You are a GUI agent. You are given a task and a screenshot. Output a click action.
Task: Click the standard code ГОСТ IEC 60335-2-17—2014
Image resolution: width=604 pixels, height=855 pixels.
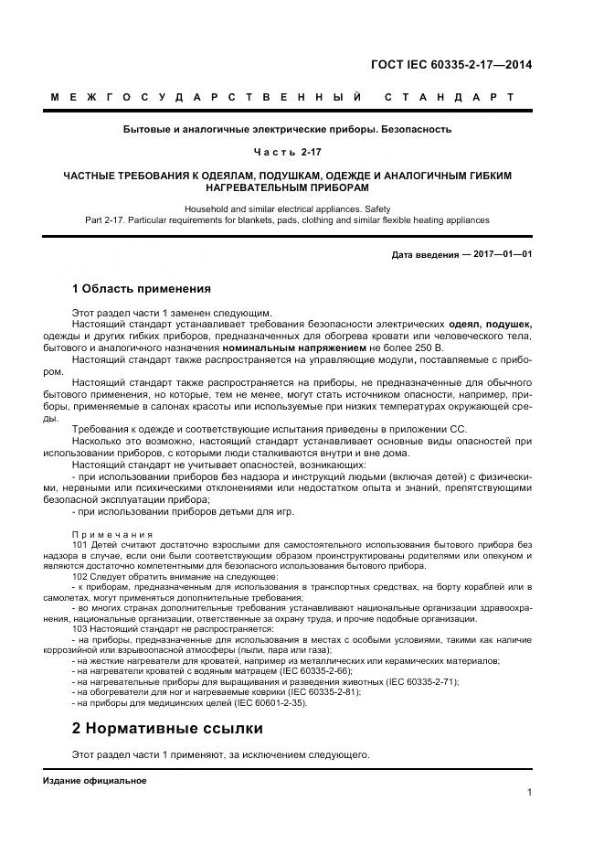tap(450, 64)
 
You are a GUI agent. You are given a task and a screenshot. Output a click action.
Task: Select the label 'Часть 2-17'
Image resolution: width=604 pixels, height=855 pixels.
tap(287, 151)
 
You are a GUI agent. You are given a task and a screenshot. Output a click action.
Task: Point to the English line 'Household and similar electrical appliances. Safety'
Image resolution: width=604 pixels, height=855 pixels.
tap(287, 208)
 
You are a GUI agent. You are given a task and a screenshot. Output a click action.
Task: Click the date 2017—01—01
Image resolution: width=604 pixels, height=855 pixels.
tap(502, 254)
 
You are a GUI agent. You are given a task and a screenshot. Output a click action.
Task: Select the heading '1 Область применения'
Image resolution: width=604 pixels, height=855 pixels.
tap(142, 289)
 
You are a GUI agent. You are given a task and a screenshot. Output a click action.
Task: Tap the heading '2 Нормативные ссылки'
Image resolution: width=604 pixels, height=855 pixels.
tap(167, 729)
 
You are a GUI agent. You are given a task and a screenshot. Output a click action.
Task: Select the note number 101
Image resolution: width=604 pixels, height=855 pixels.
tap(80, 544)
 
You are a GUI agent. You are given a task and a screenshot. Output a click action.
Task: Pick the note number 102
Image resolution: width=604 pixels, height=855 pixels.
tap(80, 578)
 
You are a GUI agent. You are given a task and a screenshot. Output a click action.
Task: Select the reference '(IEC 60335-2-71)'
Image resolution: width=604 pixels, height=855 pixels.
tap(416, 681)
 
